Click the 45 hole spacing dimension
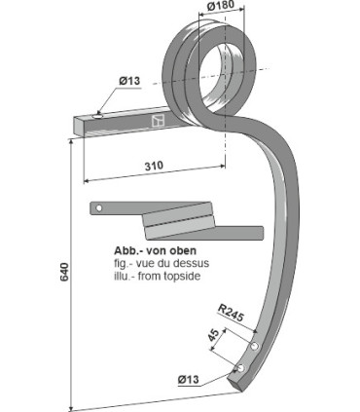(x=214, y=339)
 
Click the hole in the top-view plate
(x=98, y=208)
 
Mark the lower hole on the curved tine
(x=239, y=366)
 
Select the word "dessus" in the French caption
(x=173, y=261)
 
